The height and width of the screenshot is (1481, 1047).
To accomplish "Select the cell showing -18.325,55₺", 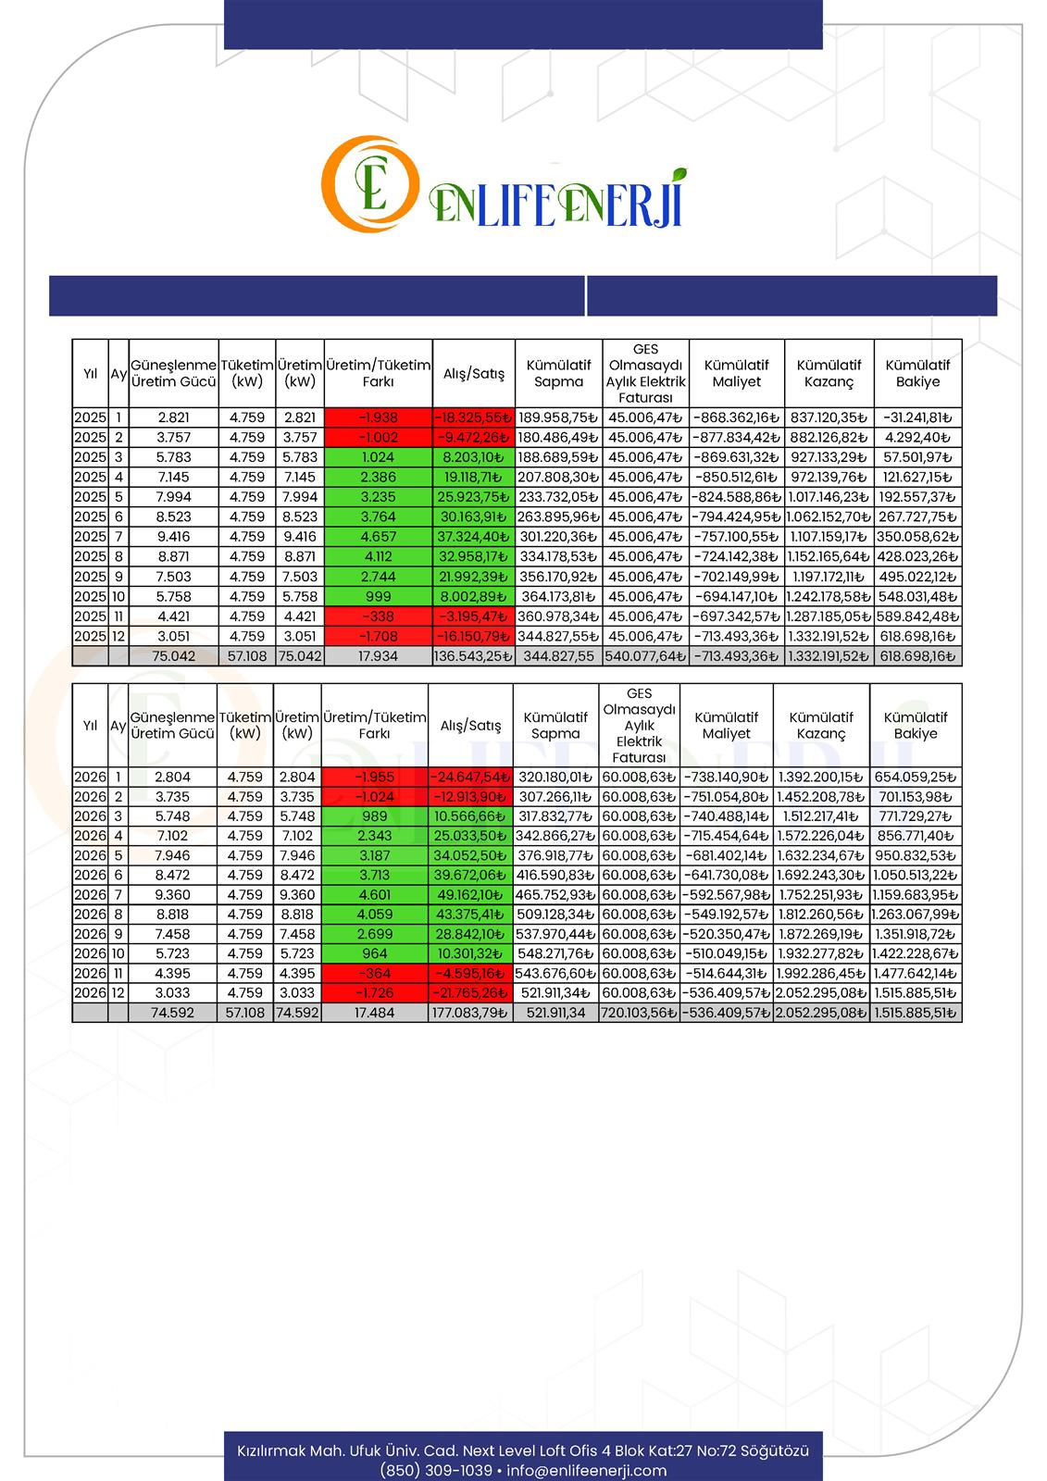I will coord(472,417).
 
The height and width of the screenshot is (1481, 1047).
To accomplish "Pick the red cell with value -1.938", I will coord(378,417).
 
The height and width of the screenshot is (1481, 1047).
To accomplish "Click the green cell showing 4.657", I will coord(378,537).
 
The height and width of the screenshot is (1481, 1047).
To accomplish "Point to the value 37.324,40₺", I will coord(472,537).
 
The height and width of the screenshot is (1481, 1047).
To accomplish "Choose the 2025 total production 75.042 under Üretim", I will coord(299,656).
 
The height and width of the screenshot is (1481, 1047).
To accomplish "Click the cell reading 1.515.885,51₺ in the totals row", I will coord(916,1013).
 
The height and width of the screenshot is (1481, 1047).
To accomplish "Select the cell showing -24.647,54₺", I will coord(470,777).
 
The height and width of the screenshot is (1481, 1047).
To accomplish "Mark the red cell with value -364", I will coord(374,973).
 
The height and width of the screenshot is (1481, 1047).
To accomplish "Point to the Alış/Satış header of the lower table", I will coord(470,726).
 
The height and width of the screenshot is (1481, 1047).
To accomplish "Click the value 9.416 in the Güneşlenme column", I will coord(173,537).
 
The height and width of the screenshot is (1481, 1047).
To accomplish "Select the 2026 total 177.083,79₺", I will coord(470,1013).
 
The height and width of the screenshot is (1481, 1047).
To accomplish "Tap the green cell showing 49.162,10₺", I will coord(470,894).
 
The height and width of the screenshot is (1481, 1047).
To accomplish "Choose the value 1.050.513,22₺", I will coord(916,875).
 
